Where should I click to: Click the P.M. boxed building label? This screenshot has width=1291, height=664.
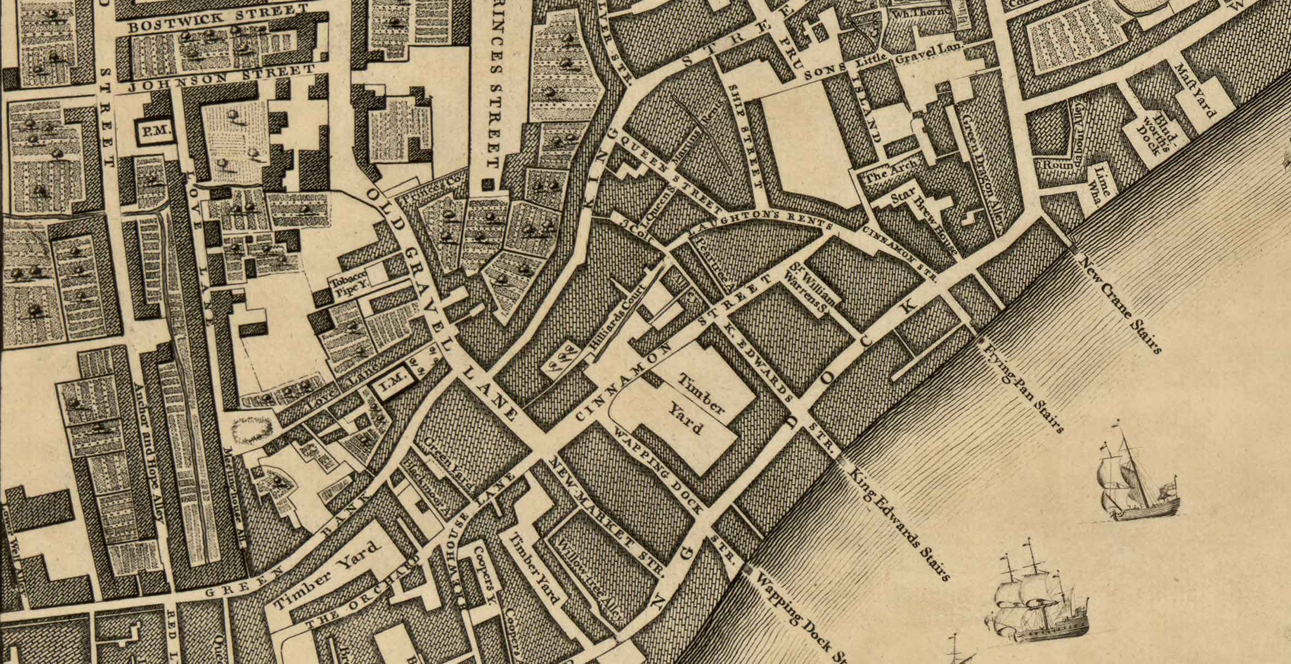click(x=155, y=131)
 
